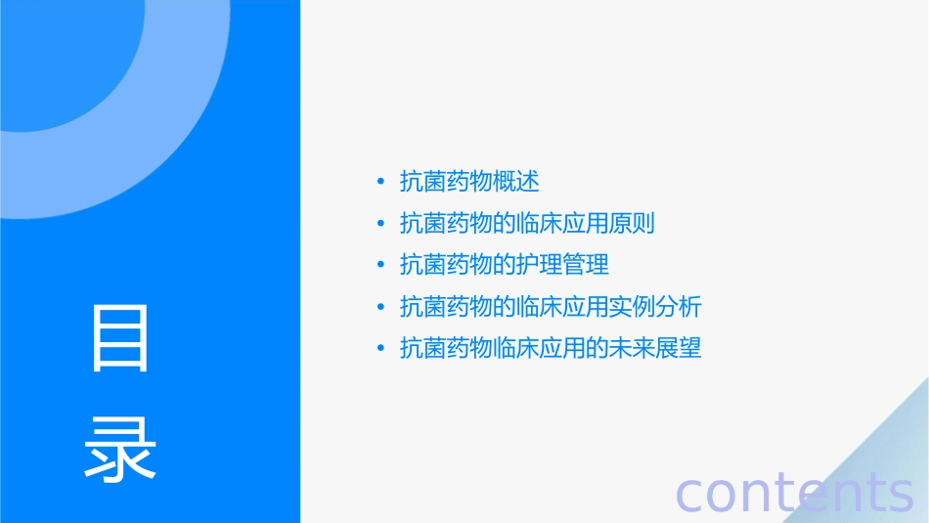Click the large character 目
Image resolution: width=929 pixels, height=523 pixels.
pos(120,338)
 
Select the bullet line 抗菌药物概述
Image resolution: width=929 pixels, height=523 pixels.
pos(470,182)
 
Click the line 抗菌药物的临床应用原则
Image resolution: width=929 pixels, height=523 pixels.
pos(527,224)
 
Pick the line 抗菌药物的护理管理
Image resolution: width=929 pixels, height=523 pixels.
pos(505,265)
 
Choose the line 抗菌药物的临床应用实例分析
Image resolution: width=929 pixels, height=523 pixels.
pos(551,307)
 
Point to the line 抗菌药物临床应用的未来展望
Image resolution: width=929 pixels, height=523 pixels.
pos(551,348)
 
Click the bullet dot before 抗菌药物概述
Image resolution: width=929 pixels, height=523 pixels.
pos(380,182)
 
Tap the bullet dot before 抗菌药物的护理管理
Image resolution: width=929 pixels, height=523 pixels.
pos(380,265)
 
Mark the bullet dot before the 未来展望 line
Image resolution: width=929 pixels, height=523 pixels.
pos(380,348)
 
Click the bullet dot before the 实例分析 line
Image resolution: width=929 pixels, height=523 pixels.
pos(380,307)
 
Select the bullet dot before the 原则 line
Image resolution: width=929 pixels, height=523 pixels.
pos(380,224)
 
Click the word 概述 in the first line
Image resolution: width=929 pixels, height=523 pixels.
pos(517,182)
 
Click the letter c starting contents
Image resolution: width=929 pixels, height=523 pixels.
pos(690,495)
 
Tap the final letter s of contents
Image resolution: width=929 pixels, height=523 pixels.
pos(901,495)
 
